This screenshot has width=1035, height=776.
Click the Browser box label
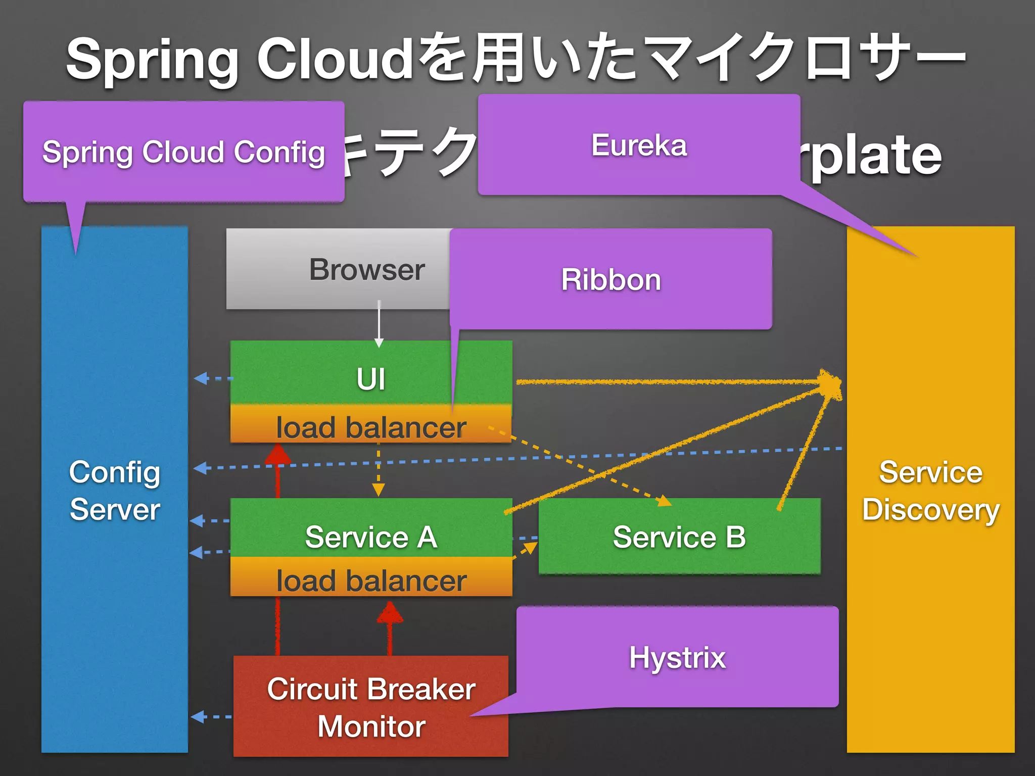367,269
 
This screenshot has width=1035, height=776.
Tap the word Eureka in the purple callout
639,146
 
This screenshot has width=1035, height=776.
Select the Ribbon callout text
611,280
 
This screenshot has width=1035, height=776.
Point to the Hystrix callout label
677,658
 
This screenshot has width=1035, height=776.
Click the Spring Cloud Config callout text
183,153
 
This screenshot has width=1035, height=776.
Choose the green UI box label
371,379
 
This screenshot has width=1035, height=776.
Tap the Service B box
679,537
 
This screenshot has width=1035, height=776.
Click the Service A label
371,537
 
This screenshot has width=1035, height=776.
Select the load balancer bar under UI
371,427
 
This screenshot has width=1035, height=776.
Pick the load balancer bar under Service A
371,580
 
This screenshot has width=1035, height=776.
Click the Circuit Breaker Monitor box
371,707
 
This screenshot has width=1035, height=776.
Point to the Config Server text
115,490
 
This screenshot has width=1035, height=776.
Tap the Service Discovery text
930,490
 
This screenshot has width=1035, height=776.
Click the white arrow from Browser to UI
379,323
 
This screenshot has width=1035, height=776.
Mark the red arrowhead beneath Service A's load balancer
390,612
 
